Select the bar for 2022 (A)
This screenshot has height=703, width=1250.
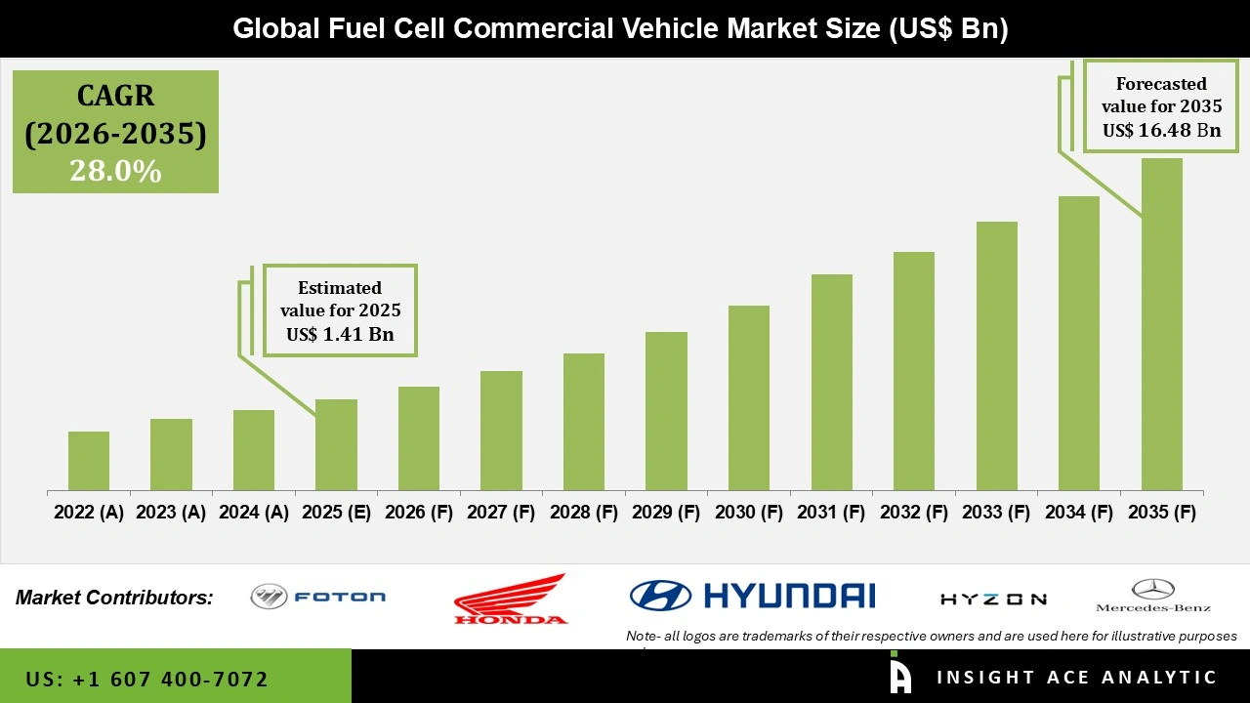(89, 461)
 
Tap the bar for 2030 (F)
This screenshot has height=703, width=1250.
(749, 397)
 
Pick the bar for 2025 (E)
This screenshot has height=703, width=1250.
(336, 444)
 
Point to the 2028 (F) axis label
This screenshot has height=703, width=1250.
(584, 513)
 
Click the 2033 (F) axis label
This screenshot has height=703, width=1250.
(996, 513)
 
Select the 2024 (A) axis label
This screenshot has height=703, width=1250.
(254, 513)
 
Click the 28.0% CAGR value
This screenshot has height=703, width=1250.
(115, 172)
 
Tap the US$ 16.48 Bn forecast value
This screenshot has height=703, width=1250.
(1161, 130)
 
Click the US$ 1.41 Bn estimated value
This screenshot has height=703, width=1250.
(340, 335)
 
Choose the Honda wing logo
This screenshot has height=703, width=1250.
(510, 599)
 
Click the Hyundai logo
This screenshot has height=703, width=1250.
(752, 595)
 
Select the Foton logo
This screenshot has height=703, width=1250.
(318, 597)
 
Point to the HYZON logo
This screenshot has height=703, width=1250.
(993, 600)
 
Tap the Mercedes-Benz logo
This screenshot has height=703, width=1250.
(1152, 596)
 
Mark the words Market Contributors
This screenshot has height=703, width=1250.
(114, 598)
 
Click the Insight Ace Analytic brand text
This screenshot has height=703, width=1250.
(1076, 678)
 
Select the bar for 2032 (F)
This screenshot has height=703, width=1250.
(914, 371)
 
